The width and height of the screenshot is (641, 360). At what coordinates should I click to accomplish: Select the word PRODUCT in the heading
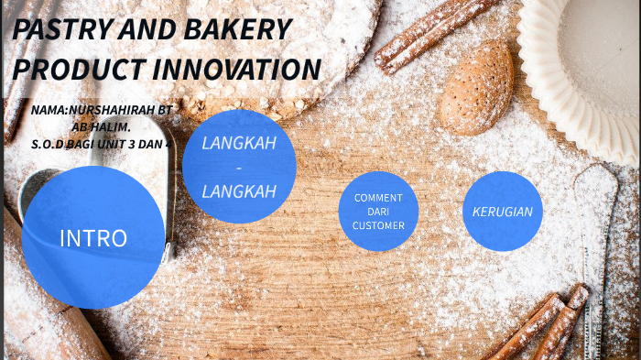click(78, 70)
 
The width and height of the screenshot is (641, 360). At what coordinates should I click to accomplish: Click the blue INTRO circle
click(92, 238)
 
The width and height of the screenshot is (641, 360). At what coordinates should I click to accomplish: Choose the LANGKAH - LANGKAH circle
click(239, 167)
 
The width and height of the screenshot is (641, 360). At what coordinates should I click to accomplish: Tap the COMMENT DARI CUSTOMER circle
click(378, 211)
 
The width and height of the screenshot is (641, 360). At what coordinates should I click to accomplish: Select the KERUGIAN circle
click(502, 212)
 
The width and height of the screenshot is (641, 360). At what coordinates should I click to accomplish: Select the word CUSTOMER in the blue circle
click(378, 225)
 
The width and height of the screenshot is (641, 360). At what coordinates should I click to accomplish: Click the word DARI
click(378, 212)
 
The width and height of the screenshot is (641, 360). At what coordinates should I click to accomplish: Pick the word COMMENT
click(378, 198)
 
